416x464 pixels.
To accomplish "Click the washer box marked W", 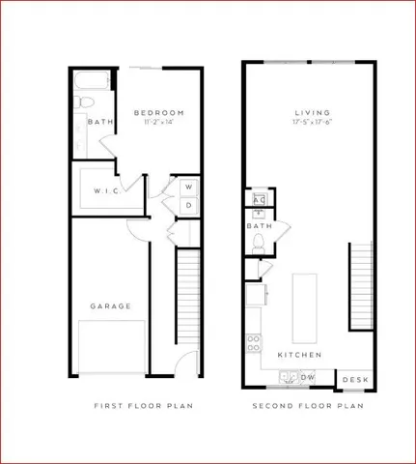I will [188, 187].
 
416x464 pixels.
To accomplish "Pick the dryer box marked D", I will [188, 205].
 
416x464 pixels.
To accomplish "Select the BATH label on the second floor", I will [259, 226].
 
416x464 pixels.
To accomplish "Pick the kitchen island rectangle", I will [305, 305].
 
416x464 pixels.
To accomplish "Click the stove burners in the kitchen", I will [255, 341].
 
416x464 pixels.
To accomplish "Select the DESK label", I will [355, 379].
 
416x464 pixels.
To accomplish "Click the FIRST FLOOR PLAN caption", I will [143, 407].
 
